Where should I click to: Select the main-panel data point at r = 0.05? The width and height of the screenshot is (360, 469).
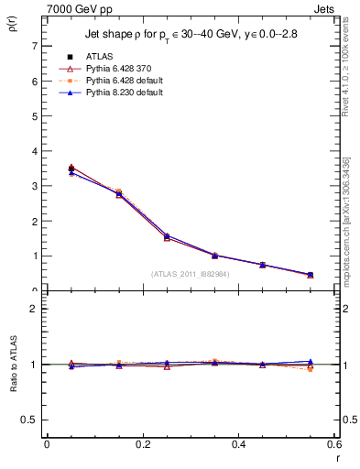(x=71, y=169)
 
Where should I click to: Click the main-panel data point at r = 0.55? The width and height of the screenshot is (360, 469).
(x=311, y=275)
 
